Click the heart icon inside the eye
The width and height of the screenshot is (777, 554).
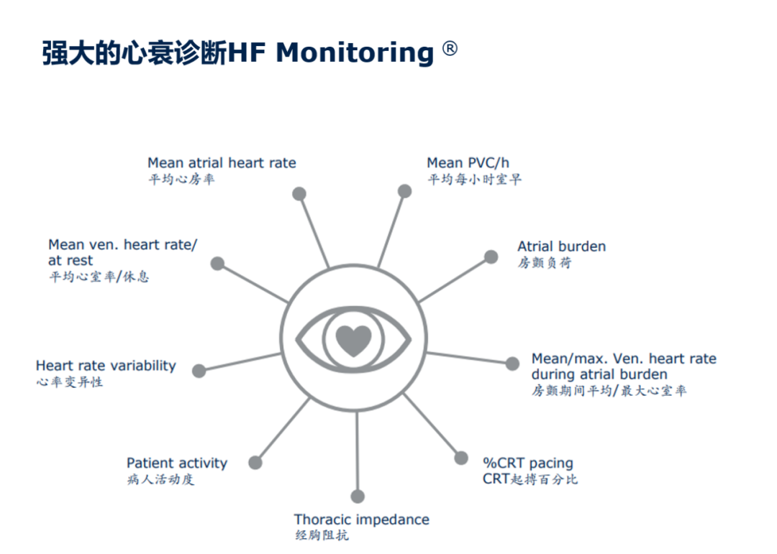click(x=353, y=341)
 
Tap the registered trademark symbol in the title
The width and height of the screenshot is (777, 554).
click(x=450, y=49)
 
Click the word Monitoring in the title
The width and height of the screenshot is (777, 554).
click(x=355, y=53)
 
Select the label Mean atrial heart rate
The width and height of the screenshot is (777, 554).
click(x=222, y=162)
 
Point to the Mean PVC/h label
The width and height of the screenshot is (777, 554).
click(x=468, y=162)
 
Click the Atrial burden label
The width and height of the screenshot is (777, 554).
click(x=561, y=246)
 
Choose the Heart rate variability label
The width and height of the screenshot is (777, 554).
click(x=106, y=366)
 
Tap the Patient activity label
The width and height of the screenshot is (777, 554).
click(x=177, y=463)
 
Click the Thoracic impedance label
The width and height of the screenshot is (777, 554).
click(x=362, y=520)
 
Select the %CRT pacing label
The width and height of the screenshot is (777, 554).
click(x=528, y=463)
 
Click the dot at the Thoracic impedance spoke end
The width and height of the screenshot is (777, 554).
click(x=358, y=496)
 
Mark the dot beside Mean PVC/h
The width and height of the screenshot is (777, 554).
click(x=405, y=191)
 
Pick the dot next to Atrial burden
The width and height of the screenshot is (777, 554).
click(x=491, y=257)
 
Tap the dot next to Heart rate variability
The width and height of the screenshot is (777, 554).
click(x=199, y=371)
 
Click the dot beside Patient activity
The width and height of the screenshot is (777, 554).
click(x=255, y=463)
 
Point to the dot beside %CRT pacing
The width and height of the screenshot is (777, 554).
click(x=461, y=458)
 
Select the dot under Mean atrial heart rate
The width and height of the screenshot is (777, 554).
click(x=299, y=193)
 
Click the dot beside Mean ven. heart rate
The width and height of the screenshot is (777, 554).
click(x=217, y=264)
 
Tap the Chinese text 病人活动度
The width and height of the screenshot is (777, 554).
click(x=160, y=479)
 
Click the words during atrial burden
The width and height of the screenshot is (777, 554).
click(x=599, y=374)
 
